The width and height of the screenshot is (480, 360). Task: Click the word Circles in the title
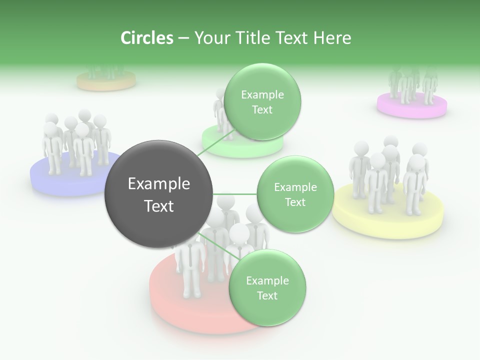click(147, 38)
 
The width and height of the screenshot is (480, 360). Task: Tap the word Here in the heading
click(332, 38)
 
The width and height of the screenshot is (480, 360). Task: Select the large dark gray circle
click(159, 194)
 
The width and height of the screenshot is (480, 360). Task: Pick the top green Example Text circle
click(262, 101)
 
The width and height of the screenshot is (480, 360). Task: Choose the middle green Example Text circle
click(295, 194)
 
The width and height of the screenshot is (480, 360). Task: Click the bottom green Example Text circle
click(267, 287)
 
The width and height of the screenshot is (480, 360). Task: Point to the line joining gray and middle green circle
click(235, 194)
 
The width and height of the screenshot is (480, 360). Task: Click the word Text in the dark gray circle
click(159, 206)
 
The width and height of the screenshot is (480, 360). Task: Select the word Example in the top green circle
click(262, 95)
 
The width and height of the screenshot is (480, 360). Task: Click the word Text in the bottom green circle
click(267, 295)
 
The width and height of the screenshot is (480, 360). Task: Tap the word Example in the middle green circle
click(295, 187)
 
